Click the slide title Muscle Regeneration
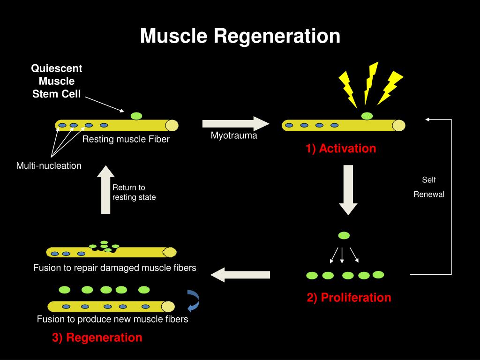click(x=240, y=36)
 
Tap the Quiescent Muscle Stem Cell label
click(x=57, y=81)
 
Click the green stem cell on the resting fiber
click(x=136, y=116)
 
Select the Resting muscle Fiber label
click(x=126, y=139)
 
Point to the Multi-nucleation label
click(x=49, y=165)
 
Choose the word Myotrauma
click(x=234, y=136)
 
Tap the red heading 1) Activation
click(x=341, y=149)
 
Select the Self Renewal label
click(x=428, y=187)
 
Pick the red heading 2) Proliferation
click(x=349, y=298)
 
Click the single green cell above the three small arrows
click(x=344, y=235)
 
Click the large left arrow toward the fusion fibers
click(x=240, y=275)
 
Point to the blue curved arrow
click(x=194, y=301)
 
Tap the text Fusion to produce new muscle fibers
click(x=112, y=319)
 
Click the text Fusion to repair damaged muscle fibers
click(x=114, y=268)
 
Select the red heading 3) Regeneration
click(x=97, y=337)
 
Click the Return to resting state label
click(x=134, y=192)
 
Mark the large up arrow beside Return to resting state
click(x=106, y=189)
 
